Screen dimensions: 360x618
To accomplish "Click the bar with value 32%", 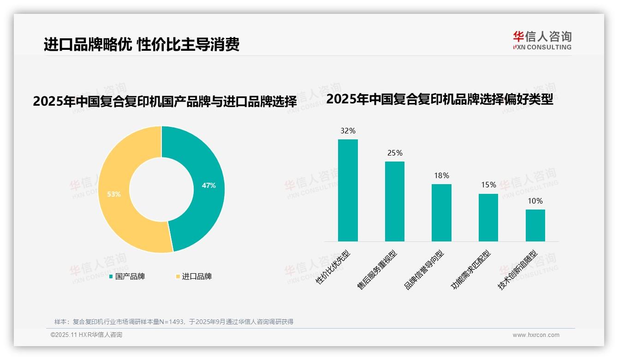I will (348, 190).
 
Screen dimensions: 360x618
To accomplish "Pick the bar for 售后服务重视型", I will (395, 201).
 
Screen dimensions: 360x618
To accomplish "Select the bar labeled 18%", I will (441, 212).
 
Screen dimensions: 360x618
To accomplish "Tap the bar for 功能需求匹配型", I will (488, 217).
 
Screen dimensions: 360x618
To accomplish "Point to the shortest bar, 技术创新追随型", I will (535, 225).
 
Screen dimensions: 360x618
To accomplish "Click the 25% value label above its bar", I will (395, 153).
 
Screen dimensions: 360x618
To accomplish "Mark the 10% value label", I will (535, 201).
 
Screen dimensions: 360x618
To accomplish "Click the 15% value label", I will (488, 185).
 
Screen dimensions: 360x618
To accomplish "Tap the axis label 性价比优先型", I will (333, 267).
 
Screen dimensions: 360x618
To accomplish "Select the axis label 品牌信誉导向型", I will (424, 270).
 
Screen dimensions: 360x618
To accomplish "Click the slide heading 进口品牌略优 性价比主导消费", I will (142, 44).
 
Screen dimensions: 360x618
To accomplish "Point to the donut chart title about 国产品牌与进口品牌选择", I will (165, 102).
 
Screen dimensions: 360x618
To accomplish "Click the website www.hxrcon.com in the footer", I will (536, 335).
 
